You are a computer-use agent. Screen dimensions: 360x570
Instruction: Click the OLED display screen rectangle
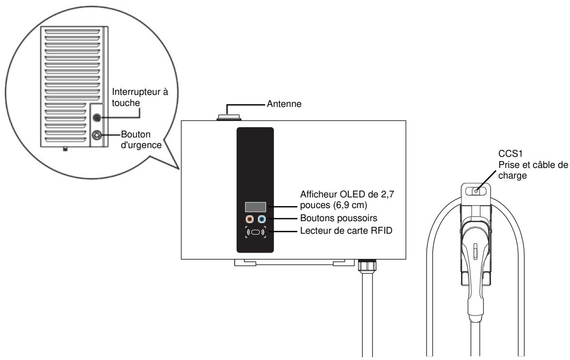tap(255, 207)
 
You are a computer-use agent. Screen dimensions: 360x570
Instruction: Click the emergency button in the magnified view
tap(97, 136)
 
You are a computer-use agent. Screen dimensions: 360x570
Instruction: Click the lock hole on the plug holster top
tap(476, 191)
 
